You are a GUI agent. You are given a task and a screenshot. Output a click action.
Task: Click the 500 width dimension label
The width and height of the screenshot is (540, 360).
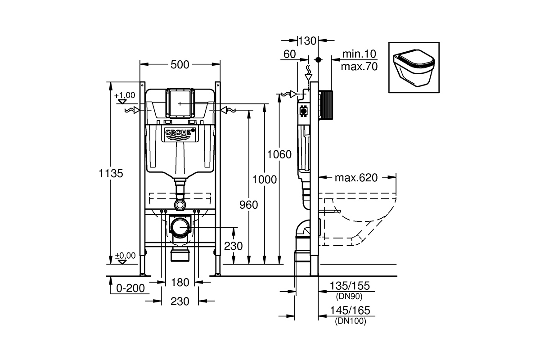pos(180,65)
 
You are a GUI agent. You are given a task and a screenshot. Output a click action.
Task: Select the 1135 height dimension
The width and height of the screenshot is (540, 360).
pos(111,173)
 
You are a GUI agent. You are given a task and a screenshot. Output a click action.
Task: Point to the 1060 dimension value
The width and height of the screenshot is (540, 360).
pos(279,154)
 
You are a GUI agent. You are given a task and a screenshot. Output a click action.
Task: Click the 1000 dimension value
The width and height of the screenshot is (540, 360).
pos(265,180)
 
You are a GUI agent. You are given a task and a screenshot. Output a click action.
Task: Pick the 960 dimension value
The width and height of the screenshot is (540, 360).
pos(248,205)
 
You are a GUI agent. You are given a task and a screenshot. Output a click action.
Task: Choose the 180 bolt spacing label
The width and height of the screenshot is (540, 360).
pos(180,282)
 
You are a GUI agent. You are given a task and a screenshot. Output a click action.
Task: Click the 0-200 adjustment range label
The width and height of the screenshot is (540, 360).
pos(130,288)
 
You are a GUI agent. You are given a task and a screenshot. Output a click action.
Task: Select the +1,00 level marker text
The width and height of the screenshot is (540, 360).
pos(125,95)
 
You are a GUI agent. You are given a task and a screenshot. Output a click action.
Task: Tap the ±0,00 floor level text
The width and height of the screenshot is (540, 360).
pos(126,255)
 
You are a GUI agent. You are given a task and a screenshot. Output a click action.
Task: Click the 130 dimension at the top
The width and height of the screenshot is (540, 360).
pos(307,41)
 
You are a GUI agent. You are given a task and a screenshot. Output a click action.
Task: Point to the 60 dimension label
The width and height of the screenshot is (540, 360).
pos(289,54)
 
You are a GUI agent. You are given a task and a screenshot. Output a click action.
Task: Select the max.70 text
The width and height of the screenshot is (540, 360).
pos(359,67)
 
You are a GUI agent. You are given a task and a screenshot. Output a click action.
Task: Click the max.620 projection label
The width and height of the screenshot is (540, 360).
pos(356,178)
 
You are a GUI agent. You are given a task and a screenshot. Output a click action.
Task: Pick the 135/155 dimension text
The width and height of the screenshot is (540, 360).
pos(350,286)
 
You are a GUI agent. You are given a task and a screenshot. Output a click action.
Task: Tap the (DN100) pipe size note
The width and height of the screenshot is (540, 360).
pos(351,321)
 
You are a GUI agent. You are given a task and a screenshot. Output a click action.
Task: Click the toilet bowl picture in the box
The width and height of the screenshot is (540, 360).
pos(414,68)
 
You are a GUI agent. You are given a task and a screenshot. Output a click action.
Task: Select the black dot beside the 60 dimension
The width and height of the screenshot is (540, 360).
pos(319,59)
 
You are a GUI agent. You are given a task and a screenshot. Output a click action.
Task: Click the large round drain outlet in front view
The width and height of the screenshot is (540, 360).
pos(180,227)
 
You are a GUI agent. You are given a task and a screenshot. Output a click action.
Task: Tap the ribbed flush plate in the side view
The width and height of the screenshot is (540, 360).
pos(326,105)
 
